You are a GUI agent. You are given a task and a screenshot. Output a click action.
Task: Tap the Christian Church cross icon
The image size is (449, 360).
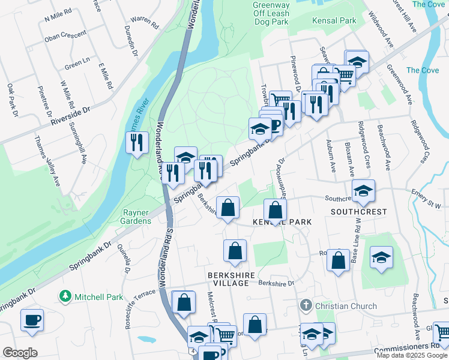[x=306, y=305]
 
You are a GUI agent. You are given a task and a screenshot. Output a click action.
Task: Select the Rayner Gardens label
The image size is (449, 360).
[x=137, y=217]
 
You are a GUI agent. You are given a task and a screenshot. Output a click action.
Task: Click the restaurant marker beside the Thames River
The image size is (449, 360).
[x=137, y=143]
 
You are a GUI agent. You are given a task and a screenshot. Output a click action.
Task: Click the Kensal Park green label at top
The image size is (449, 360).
[x=334, y=20]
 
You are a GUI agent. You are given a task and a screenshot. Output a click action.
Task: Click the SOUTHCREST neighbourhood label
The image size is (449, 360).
[x=358, y=212]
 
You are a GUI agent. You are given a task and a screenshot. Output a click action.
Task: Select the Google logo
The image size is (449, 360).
[x=20, y=352]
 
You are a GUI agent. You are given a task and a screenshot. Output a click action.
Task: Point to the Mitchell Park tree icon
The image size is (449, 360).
[x=65, y=296]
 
